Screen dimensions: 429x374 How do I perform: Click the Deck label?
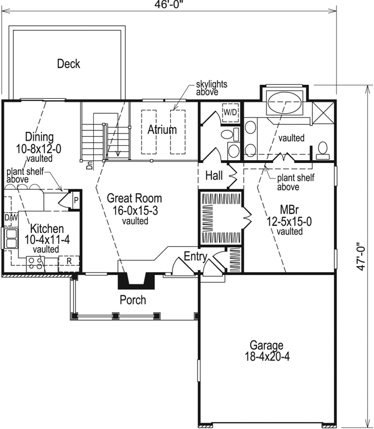point(69,64)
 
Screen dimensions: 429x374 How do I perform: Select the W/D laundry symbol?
point(230,112)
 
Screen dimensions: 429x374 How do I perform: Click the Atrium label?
point(162,130)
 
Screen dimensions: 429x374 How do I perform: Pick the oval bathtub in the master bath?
point(285,102)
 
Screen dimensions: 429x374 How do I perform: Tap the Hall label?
point(214,175)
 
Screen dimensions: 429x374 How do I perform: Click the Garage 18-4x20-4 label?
point(266,351)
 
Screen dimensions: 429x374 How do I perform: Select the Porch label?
point(132,300)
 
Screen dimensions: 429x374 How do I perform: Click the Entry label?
point(196,257)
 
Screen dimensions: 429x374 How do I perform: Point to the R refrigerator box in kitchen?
point(69,261)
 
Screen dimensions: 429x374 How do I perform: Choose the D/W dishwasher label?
point(11,218)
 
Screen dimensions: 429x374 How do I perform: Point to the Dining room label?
point(39,136)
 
